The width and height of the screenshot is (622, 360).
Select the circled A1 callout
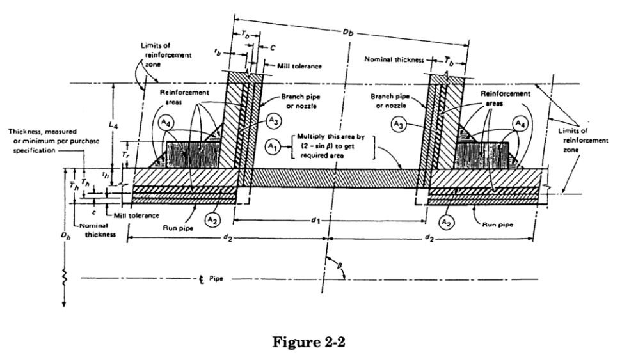(x=272, y=146)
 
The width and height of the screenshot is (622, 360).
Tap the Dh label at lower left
(x=64, y=236)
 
